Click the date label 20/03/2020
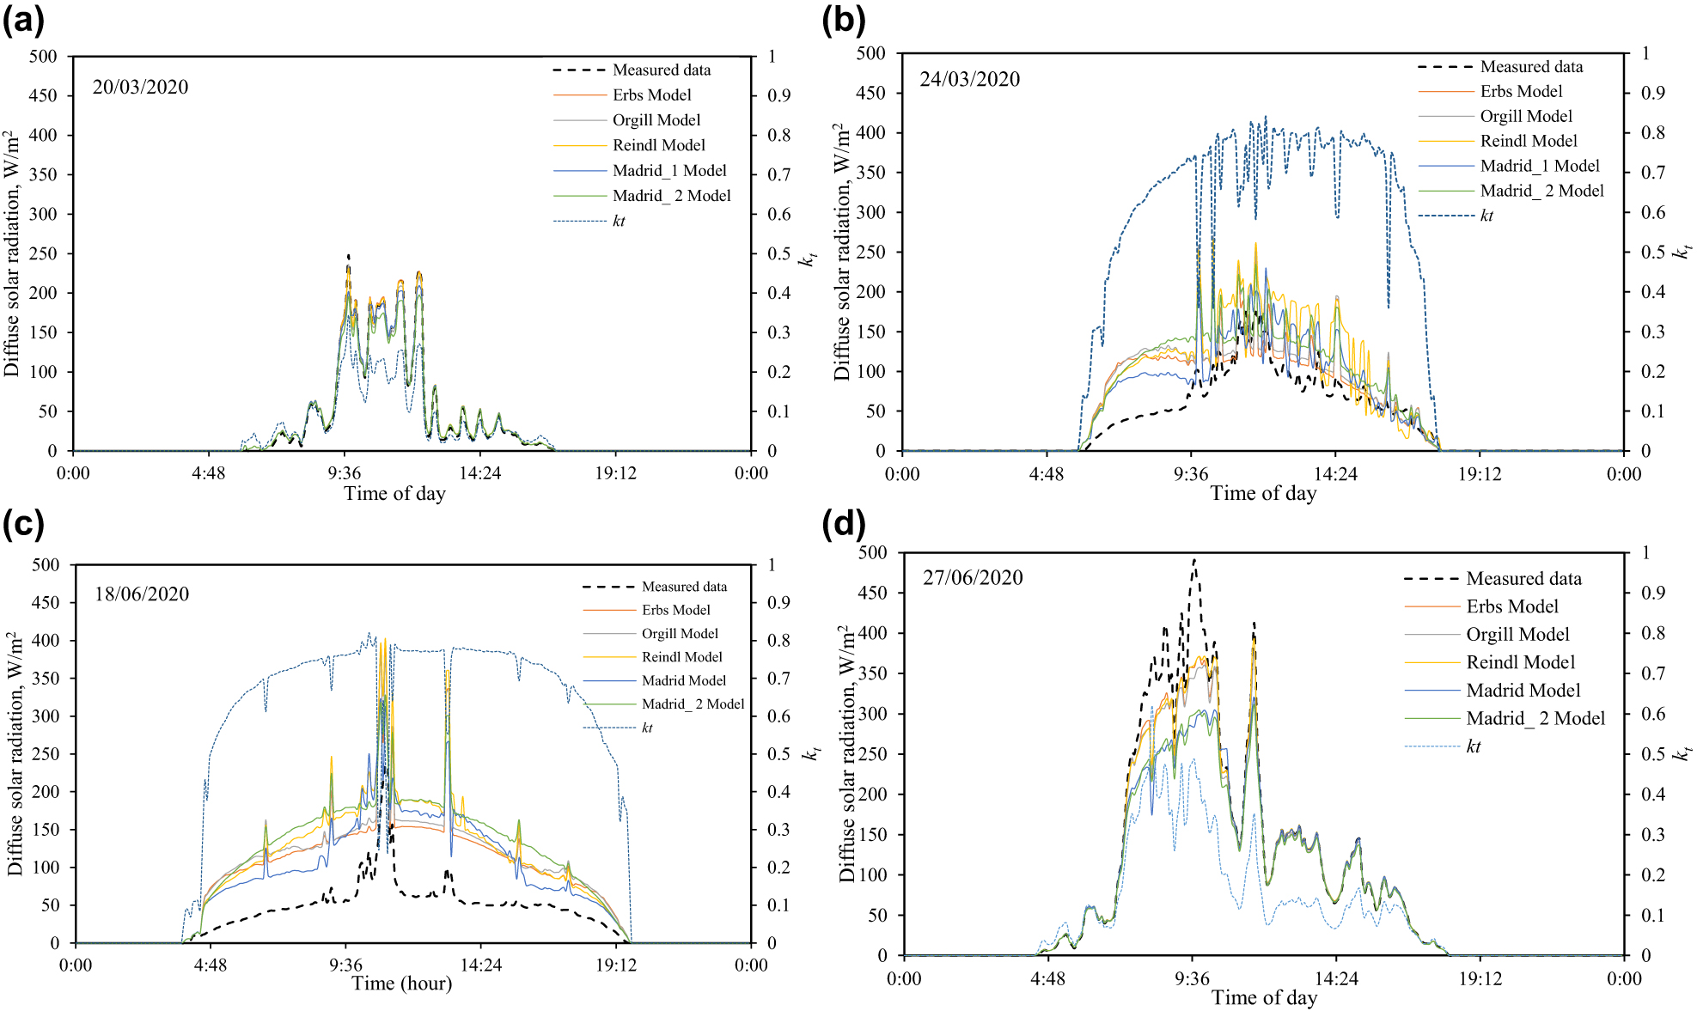click(140, 87)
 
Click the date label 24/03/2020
click(969, 79)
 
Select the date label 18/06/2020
click(142, 594)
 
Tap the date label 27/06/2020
click(973, 577)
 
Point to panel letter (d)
click(844, 523)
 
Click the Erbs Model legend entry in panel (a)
click(651, 94)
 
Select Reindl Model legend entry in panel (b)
click(1529, 141)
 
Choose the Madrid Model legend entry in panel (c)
click(683, 680)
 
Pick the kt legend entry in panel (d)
click(1474, 746)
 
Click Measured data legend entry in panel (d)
click(1523, 578)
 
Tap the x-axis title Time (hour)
click(401, 984)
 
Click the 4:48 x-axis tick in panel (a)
click(208, 473)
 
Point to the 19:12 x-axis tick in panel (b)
click(1479, 474)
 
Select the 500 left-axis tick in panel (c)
click(46, 564)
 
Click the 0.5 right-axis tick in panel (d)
click(1653, 754)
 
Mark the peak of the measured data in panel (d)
click(1194, 560)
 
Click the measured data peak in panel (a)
click(348, 255)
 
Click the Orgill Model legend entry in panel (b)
click(1525, 116)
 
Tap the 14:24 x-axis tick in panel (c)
click(480, 965)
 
